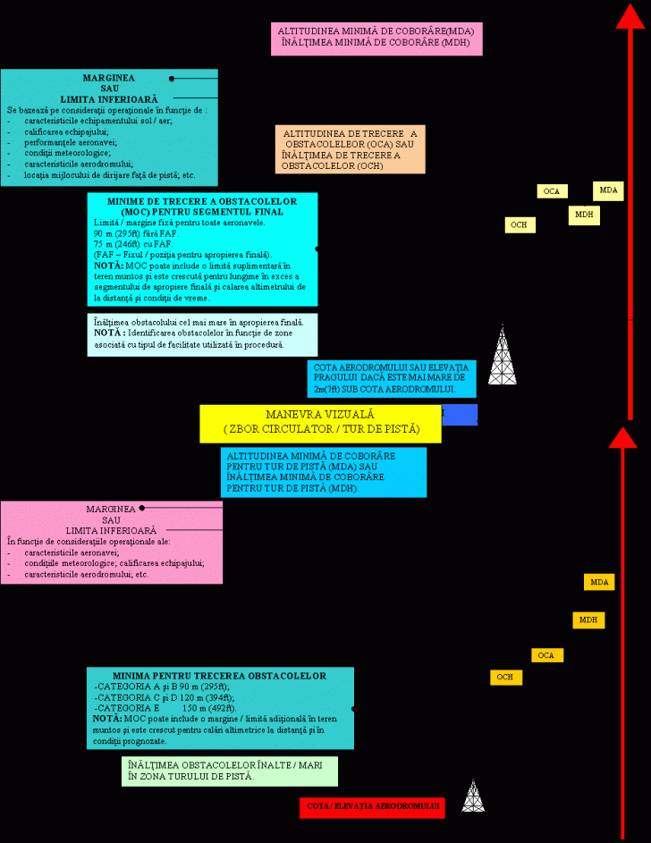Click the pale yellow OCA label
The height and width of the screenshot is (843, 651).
pos(552,191)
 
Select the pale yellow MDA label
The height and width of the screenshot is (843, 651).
pos(608,190)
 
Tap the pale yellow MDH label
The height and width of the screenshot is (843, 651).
pos(584,215)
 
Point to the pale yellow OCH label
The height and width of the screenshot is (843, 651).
pos(520,225)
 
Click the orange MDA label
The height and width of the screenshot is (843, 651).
pos(599,582)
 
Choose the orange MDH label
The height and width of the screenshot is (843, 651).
pos(588,620)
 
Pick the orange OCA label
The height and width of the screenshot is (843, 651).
pos(546,655)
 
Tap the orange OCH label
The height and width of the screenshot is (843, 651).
pos(505,677)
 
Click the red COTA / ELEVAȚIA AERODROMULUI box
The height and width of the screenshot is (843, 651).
pos(371,807)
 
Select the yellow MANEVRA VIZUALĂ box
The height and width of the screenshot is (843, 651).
pos(320,423)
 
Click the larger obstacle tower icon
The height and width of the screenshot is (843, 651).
pos(502,357)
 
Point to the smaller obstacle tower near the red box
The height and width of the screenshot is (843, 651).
pos(473,796)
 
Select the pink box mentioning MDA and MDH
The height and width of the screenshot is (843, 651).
pos(376,39)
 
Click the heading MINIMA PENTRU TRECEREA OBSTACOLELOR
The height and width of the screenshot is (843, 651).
pos(219,676)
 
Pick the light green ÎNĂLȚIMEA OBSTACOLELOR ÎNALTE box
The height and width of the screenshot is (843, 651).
pos(230,771)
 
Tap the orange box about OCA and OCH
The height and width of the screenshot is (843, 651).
pos(350,149)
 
